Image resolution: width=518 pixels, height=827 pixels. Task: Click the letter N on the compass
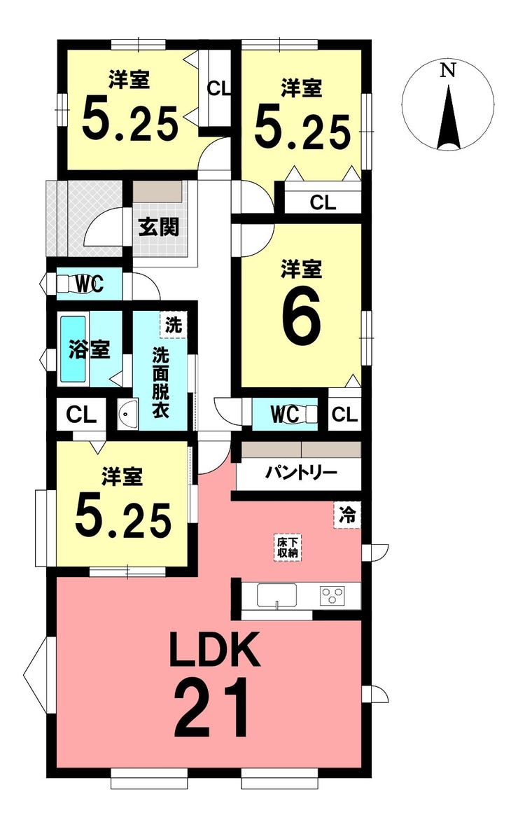[x=447, y=71]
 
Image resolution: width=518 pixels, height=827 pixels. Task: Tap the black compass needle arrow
[x=449, y=116]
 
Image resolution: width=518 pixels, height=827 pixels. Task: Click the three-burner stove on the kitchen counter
[x=332, y=595]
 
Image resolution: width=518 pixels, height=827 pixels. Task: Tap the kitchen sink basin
[x=276, y=595]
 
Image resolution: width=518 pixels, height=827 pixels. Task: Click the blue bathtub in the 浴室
[x=73, y=349]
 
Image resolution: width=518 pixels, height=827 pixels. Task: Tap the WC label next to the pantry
[x=285, y=415]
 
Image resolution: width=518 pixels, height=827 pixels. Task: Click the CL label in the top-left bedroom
[x=219, y=89]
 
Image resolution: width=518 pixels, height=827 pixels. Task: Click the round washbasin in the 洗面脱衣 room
[x=127, y=414]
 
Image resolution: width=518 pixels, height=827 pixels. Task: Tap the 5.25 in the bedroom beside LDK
[x=123, y=519]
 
